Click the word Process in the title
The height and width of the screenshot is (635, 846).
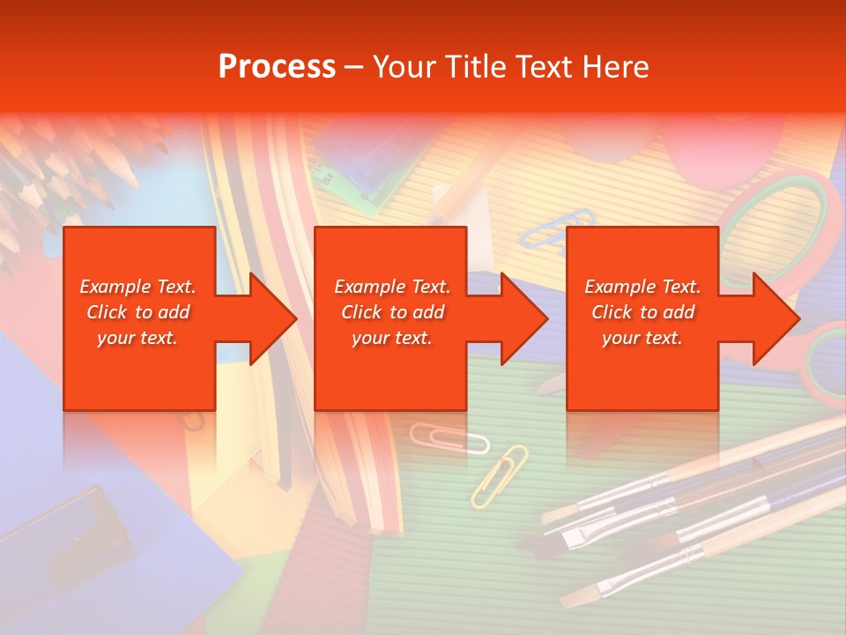point(277,67)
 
